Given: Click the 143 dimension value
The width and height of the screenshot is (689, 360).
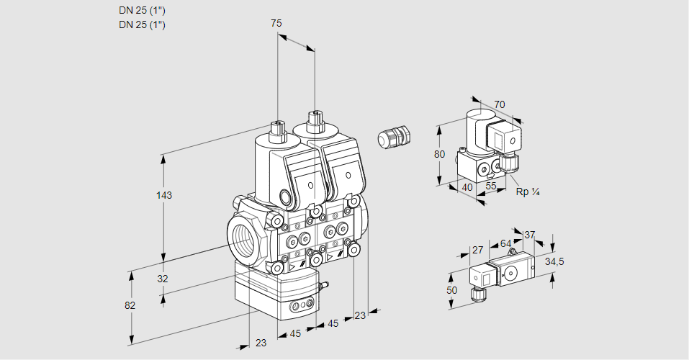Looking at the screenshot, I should click(166, 196).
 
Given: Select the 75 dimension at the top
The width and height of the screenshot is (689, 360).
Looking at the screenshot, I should click(276, 23).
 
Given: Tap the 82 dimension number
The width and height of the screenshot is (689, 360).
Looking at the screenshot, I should click(130, 305).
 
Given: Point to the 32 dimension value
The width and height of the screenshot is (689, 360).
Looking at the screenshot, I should click(163, 279).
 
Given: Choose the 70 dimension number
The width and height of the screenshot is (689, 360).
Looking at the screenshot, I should click(499, 104).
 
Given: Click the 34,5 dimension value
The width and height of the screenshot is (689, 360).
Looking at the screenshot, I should click(553, 261).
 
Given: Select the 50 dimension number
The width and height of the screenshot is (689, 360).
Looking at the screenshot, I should click(451, 290).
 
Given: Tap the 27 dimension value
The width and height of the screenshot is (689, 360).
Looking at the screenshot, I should click(477, 251).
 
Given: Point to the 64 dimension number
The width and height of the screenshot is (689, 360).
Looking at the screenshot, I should click(505, 243).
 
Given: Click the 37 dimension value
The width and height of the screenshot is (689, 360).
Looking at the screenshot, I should click(529, 235).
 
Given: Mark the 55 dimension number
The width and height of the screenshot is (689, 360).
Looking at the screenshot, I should click(492, 186).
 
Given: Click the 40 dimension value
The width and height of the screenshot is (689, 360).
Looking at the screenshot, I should click(467, 187).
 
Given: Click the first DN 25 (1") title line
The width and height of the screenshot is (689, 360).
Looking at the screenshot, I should click(143, 10).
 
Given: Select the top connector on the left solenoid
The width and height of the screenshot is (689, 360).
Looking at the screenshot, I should click(278, 129).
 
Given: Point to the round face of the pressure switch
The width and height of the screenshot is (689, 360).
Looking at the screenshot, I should click(512, 273).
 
